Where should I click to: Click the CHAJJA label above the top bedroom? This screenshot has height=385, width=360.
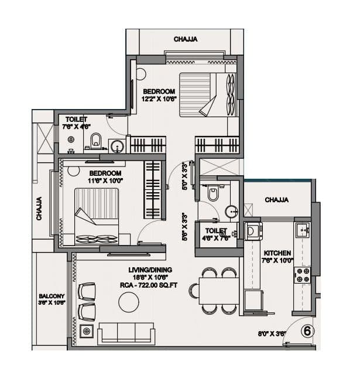[185, 39]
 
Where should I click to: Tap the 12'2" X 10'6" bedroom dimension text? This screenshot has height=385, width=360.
[159, 99]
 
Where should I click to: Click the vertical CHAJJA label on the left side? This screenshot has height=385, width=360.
[40, 207]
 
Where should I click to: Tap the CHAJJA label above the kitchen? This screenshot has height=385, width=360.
[276, 200]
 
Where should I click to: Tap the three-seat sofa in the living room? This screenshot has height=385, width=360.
[127, 332]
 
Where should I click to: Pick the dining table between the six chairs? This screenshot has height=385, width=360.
[219, 290]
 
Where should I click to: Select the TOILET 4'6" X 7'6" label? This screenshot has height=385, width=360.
[215, 234]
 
